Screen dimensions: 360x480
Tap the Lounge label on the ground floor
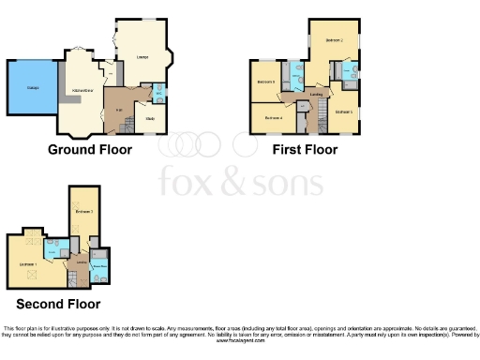143,57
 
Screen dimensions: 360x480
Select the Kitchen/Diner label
82,89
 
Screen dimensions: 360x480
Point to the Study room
149,119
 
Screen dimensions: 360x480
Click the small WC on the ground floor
158,93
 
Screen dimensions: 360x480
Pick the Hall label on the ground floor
119,111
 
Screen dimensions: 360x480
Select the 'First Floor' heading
305,149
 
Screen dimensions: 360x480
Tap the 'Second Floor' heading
58,305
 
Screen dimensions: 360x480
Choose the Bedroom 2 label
334,41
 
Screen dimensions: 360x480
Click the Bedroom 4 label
274,117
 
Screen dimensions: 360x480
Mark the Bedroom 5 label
343,111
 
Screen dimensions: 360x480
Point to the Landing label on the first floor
317,95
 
